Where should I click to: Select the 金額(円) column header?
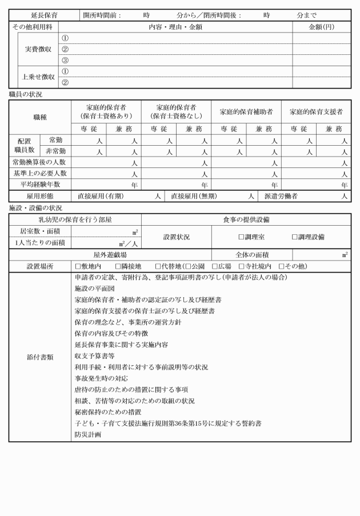pos(322,27)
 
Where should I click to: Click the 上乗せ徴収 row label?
pos(38,77)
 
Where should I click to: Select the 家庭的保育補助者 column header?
pos(246,111)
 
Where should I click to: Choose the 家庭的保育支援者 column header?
pos(316,111)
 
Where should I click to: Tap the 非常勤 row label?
pos(55,151)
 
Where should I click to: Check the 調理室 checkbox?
pos(241,237)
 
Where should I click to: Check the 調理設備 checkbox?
pos(295,237)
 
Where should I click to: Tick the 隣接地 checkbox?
pos(118,266)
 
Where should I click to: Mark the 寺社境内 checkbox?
pos(242,266)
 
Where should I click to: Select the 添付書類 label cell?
pos(40,357)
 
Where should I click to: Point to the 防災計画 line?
pos(87,434)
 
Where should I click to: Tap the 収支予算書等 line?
pos(94,355)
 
